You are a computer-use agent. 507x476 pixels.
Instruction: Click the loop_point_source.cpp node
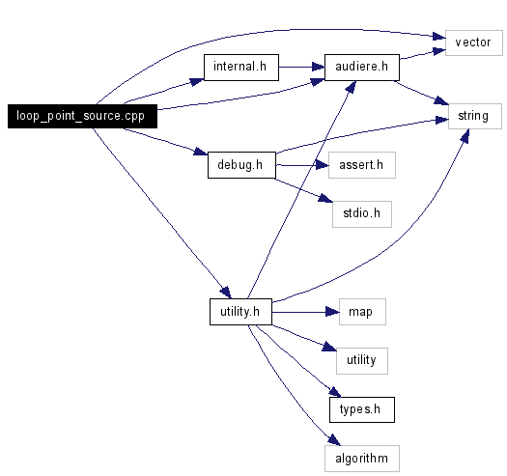tap(82, 116)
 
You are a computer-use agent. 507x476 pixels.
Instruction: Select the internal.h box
tap(241, 68)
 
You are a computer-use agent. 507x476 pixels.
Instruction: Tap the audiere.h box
tap(362, 68)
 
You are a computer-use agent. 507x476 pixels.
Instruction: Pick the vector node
tap(474, 42)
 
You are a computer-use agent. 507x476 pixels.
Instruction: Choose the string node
tap(475, 116)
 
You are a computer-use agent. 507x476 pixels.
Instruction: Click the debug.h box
tap(241, 165)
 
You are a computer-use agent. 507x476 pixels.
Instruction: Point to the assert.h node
tap(362, 165)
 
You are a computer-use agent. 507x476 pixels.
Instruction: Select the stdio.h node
tap(362, 214)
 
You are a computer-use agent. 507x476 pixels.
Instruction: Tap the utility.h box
tap(240, 312)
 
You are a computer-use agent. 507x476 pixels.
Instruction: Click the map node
tap(362, 312)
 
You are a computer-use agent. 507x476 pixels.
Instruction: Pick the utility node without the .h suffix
tap(362, 361)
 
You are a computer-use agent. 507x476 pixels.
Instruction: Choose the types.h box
tap(362, 409)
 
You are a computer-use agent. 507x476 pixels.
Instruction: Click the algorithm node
tap(362, 459)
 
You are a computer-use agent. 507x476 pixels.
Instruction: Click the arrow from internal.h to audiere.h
tap(301, 68)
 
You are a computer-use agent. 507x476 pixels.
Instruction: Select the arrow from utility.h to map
tap(305, 312)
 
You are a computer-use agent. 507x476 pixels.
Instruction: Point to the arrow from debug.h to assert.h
tap(302, 165)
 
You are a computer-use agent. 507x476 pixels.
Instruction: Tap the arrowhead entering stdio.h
tap(325, 198)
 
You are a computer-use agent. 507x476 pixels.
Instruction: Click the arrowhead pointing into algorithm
tap(334, 439)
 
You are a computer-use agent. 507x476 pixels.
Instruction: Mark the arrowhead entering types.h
tap(335, 392)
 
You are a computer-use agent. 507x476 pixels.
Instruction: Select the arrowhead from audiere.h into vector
tap(439, 51)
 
